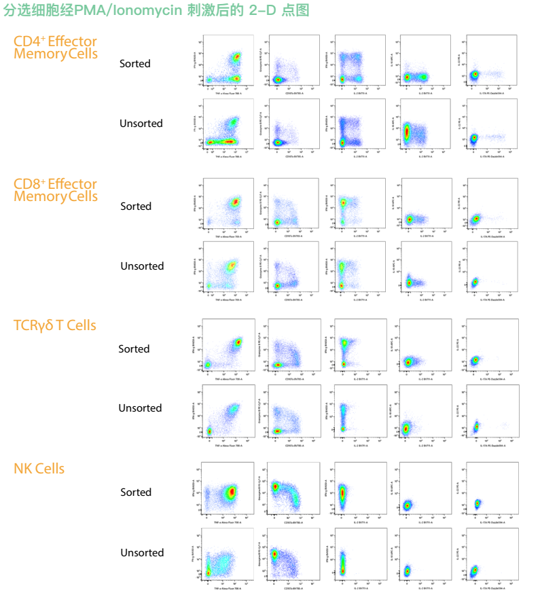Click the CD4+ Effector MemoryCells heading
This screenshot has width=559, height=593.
[56, 48]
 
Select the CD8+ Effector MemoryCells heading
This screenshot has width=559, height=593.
[56, 190]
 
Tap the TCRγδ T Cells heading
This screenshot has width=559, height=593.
[55, 325]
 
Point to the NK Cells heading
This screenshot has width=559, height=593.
[39, 469]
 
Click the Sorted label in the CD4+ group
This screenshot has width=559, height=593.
[135, 63]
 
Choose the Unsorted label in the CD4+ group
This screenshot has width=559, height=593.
[141, 124]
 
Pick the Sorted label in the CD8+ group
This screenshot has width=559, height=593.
[136, 206]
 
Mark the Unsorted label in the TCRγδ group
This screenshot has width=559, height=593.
[141, 408]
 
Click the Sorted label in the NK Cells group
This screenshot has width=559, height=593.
[136, 492]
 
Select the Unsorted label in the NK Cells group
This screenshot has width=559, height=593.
[142, 553]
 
